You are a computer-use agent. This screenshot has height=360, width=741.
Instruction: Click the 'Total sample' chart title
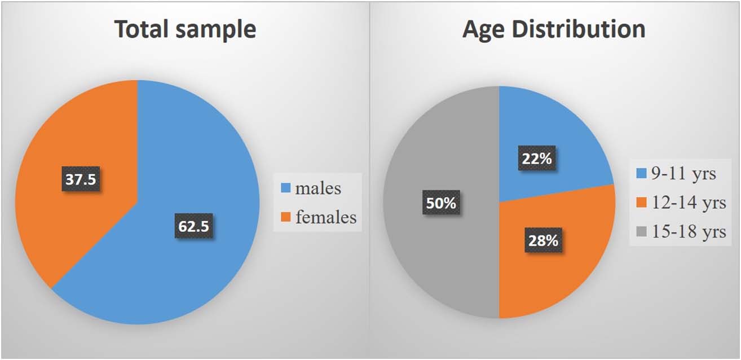click(x=185, y=29)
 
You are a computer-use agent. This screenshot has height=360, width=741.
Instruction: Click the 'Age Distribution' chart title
click(x=554, y=29)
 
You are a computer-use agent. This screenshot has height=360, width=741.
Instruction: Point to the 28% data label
click(x=543, y=240)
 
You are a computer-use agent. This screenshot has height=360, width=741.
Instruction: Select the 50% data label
click(x=441, y=203)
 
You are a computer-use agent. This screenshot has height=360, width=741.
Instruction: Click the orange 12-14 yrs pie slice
click(x=570, y=265)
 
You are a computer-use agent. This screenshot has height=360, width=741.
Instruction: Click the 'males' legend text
click(x=318, y=188)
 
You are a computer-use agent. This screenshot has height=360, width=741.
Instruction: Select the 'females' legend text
click(x=325, y=217)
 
